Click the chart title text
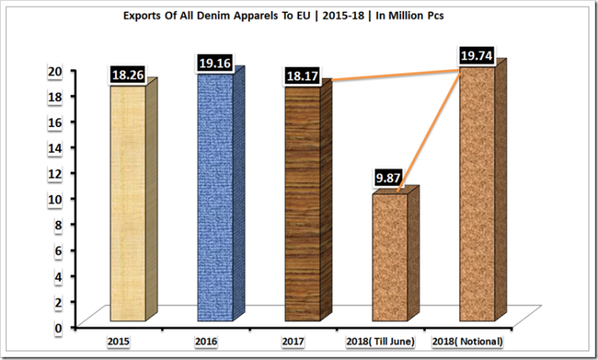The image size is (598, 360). tap(298, 15)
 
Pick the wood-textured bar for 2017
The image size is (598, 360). tap(303, 203)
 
